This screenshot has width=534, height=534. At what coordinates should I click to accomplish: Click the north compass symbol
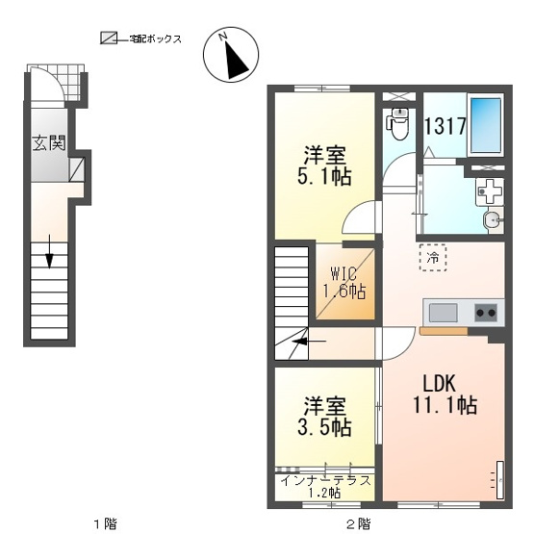tap(231, 55)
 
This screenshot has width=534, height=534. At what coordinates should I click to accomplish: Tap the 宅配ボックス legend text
tap(155, 39)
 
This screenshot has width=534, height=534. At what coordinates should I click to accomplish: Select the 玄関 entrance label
tap(49, 142)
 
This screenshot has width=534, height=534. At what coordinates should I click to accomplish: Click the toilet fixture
tap(398, 123)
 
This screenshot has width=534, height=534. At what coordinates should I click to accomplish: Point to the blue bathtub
tap(486, 125)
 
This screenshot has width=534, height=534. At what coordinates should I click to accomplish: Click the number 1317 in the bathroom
tap(445, 126)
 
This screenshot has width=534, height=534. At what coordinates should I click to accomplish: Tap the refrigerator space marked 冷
tap(433, 258)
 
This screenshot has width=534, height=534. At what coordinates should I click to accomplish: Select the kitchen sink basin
tap(443, 313)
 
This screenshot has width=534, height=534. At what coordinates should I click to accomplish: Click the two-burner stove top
tap(486, 313)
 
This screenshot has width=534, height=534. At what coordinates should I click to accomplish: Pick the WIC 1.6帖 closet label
tap(344, 283)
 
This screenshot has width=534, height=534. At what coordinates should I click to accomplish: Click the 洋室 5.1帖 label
tap(324, 165)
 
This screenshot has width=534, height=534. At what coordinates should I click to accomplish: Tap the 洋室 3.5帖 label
tap(324, 417)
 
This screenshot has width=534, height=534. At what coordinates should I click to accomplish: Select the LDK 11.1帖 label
tap(445, 395)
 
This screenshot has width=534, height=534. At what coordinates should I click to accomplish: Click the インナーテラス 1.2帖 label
tap(325, 486)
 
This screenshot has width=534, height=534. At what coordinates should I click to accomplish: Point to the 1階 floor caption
tap(105, 523)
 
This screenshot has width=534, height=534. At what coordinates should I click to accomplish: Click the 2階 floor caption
tap(359, 523)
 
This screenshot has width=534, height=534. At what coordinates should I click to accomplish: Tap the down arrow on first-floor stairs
tap(50, 251)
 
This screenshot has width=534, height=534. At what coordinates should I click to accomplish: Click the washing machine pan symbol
tap(490, 191)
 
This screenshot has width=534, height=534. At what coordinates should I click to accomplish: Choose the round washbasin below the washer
tap(491, 220)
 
